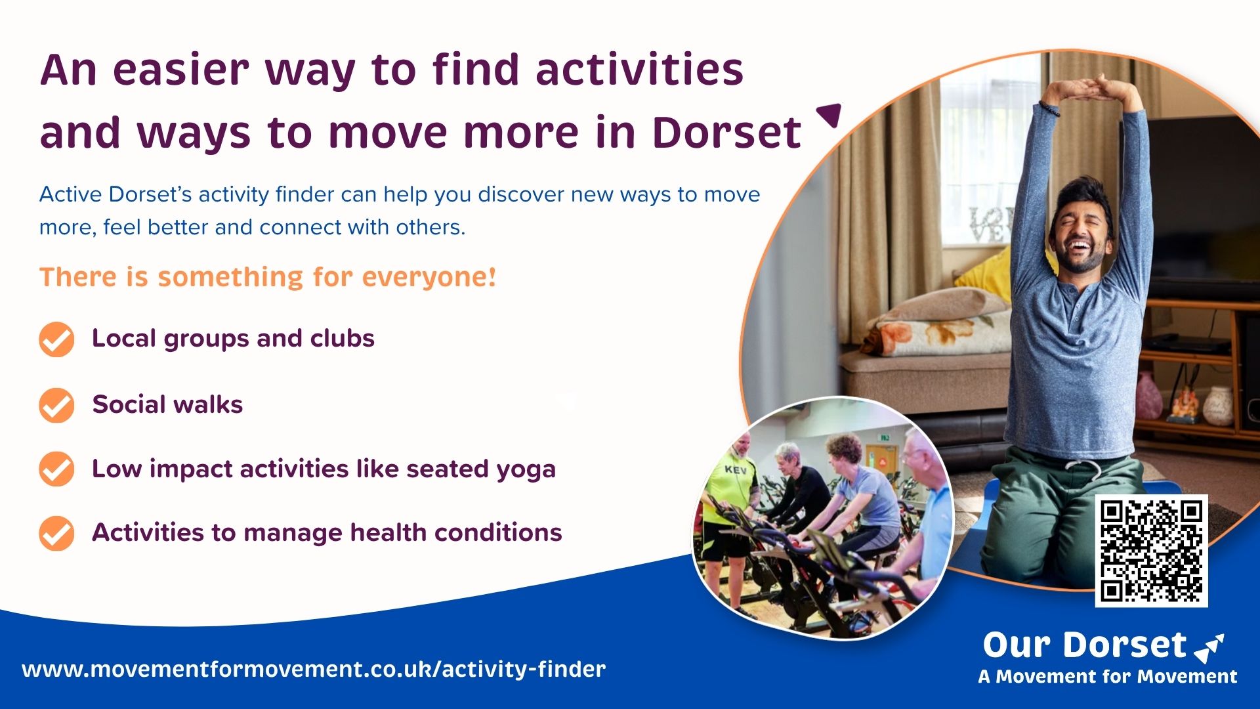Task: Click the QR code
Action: pos(1151,550)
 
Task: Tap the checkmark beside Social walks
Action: pos(56,405)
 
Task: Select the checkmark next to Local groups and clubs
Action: pos(56,339)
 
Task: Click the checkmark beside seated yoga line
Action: pos(56,469)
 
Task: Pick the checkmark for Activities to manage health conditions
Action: pos(56,533)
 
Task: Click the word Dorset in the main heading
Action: pos(726,133)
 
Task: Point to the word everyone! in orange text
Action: pos(429,277)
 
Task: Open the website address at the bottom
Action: pos(314,670)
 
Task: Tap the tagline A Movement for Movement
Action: pos(1108,677)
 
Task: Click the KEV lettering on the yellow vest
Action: pos(736,470)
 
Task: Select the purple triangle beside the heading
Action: pos(829,115)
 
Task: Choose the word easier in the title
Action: pos(181,70)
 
